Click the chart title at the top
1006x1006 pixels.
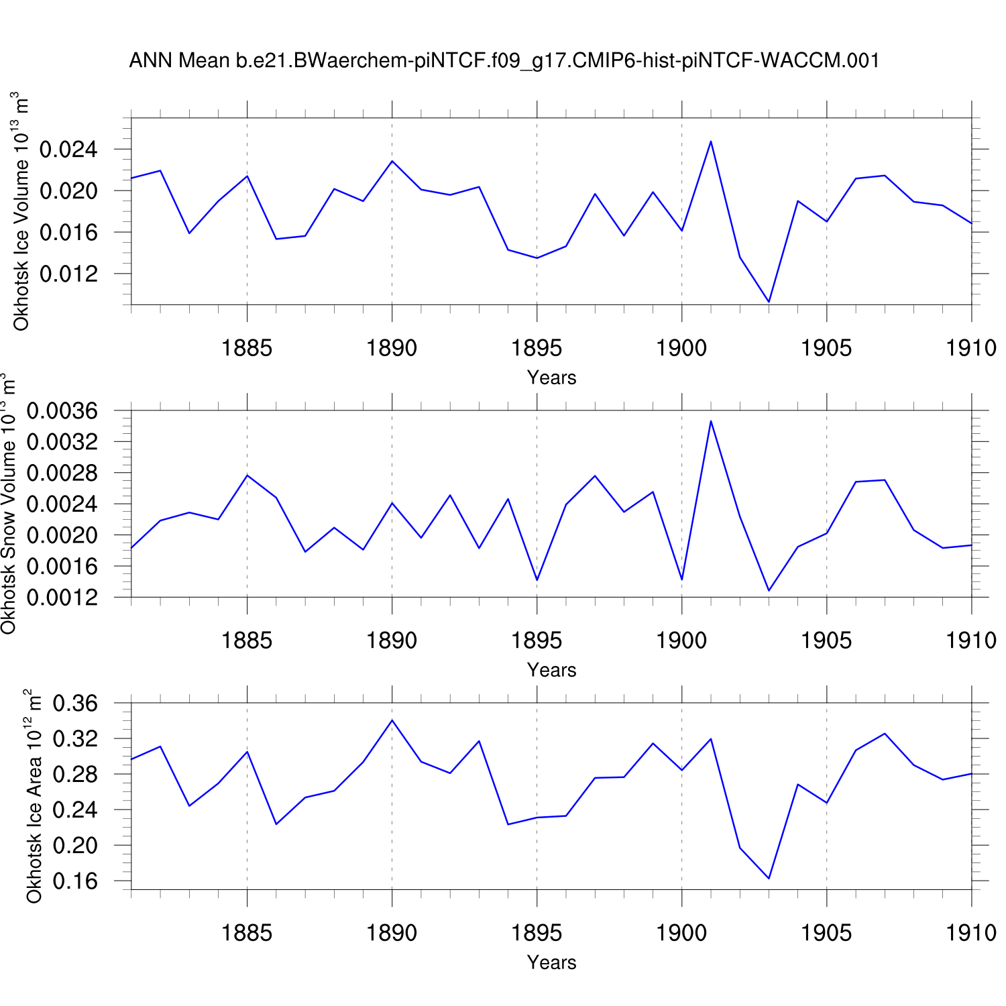tap(504, 60)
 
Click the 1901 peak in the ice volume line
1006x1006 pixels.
tap(710, 142)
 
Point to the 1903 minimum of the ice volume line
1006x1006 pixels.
tap(769, 302)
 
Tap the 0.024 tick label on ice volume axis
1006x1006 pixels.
tap(68, 150)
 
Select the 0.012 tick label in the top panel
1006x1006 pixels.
tap(68, 274)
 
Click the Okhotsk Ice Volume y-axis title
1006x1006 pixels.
tap(21, 211)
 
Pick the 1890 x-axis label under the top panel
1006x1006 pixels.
tap(392, 348)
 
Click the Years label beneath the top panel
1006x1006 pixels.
tap(551, 378)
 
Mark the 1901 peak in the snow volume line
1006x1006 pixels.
tap(710, 421)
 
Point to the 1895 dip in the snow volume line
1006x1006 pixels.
tap(537, 580)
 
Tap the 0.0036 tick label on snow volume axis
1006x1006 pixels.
tap(62, 410)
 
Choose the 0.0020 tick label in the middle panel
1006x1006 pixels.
tap(62, 535)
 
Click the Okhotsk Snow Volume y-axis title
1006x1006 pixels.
tap(8, 504)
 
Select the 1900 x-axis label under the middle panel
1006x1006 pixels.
tap(681, 640)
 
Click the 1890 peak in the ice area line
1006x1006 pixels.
tap(392, 720)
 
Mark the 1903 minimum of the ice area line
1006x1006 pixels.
tap(769, 878)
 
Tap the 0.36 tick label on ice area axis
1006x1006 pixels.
tap(75, 704)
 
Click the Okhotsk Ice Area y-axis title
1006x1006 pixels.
tap(34, 796)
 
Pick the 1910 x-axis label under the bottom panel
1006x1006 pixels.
tap(970, 933)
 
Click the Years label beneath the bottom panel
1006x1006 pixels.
tap(551, 962)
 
